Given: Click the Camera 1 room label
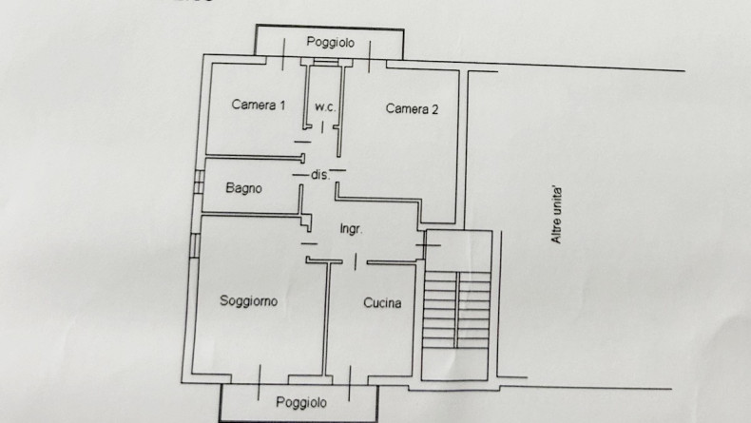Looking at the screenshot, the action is point(259,105).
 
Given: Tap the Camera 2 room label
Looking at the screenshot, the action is point(412,109).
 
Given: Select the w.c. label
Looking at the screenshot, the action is point(325,107).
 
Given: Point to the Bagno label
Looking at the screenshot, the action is point(243,188).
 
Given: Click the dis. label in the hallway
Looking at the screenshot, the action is point(320,175).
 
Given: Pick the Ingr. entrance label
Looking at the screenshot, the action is point(351,229).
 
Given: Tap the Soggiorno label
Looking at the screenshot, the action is point(248,300).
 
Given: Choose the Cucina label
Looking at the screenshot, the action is point(382,303).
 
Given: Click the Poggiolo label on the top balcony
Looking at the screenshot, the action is point(331,42).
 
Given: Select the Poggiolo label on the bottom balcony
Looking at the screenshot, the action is point(301,402).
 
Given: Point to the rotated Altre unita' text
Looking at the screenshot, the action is point(556,215).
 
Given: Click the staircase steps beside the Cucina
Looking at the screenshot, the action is point(456,310).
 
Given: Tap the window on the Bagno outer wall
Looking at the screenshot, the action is point(199,183).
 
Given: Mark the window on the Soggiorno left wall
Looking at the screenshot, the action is point(195,245).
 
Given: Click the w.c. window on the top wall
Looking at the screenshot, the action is point(326,62).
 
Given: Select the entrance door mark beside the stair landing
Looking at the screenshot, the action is point(428,245).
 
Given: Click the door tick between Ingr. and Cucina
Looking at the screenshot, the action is point(356,262).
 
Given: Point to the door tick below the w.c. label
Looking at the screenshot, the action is point(322,127).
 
